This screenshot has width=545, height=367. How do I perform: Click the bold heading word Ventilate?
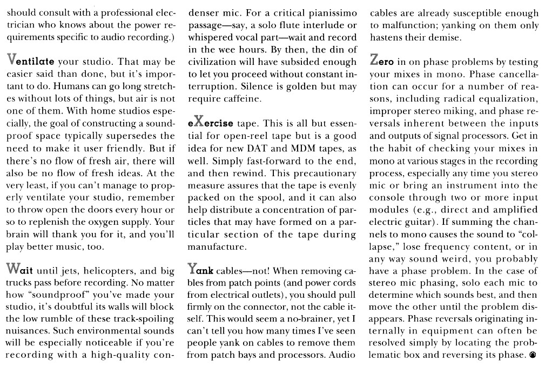(x=29, y=61)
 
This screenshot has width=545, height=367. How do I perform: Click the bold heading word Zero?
(x=385, y=61)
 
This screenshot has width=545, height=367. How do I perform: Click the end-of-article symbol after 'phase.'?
(x=533, y=355)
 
